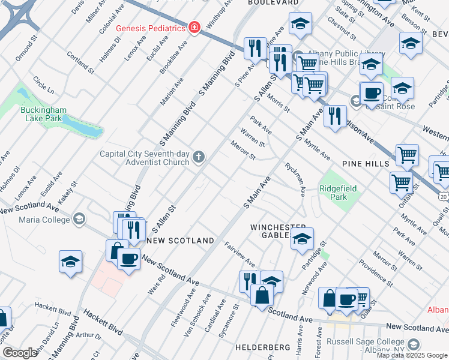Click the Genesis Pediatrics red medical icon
(x=194, y=28)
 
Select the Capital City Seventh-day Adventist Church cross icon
(x=199, y=158)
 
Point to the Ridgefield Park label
(x=338, y=193)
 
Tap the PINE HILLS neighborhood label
(x=366, y=163)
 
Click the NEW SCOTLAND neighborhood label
(x=180, y=241)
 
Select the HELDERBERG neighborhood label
(x=262, y=347)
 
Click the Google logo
(x=20, y=353)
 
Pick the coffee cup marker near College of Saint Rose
(x=372, y=94)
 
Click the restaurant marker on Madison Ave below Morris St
(x=335, y=114)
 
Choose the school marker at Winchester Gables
(x=302, y=238)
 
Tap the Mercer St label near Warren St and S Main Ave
(x=243, y=150)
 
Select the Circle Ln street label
(x=43, y=85)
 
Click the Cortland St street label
(x=81, y=62)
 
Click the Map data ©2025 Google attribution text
(x=412, y=355)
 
